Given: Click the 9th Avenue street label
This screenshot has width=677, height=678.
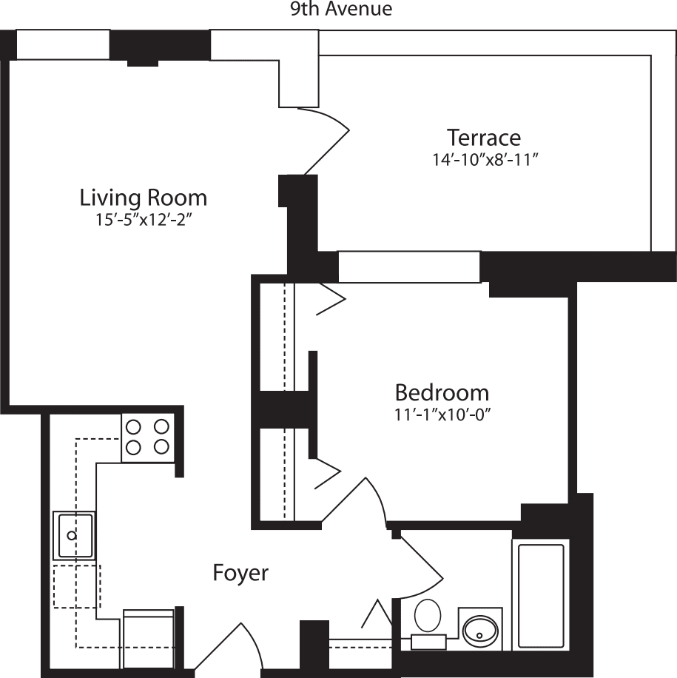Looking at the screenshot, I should (341, 10).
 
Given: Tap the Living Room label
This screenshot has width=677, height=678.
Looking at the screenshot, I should (143, 198).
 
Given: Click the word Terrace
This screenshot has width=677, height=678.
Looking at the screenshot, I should (483, 138).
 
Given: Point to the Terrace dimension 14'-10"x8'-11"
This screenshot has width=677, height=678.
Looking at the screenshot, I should (484, 159).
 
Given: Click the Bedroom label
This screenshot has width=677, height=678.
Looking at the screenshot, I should (442, 392).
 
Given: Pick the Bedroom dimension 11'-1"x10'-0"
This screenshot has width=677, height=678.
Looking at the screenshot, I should (442, 413).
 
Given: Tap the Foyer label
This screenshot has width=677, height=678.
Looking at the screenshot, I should (240, 573).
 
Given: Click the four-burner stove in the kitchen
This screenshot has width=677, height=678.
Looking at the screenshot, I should (146, 437).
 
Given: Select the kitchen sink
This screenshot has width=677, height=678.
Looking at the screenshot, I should (73, 535).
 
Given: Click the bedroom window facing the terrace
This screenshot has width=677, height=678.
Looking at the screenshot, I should (409, 266).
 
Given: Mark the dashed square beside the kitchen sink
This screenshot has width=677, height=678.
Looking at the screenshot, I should (76, 586).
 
